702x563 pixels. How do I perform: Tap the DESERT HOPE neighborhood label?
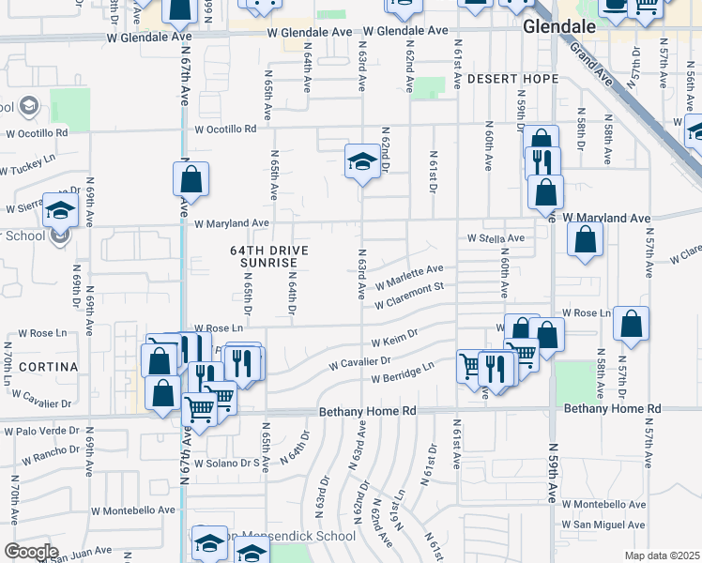click(x=511, y=78)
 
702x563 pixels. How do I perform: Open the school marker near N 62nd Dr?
click(x=362, y=161)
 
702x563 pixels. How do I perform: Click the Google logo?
click(x=31, y=552)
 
